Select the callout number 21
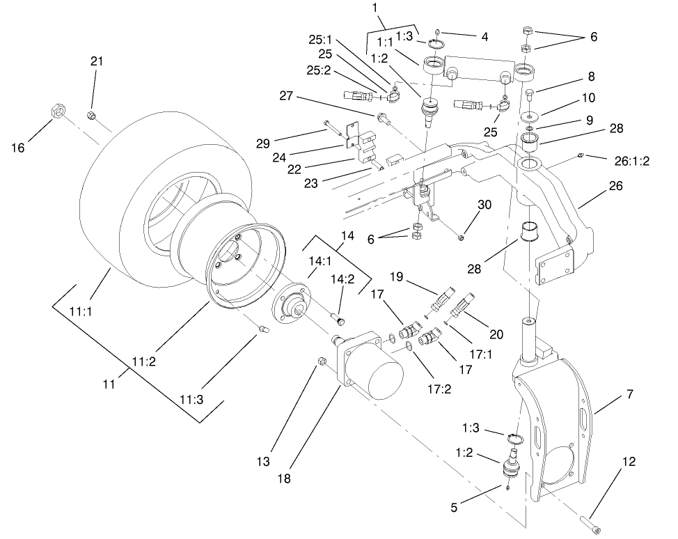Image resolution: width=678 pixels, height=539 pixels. pos(96,61)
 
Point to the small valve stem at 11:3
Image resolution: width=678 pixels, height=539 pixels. pos(264,329)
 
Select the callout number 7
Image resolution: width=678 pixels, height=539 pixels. pos(629,394)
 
